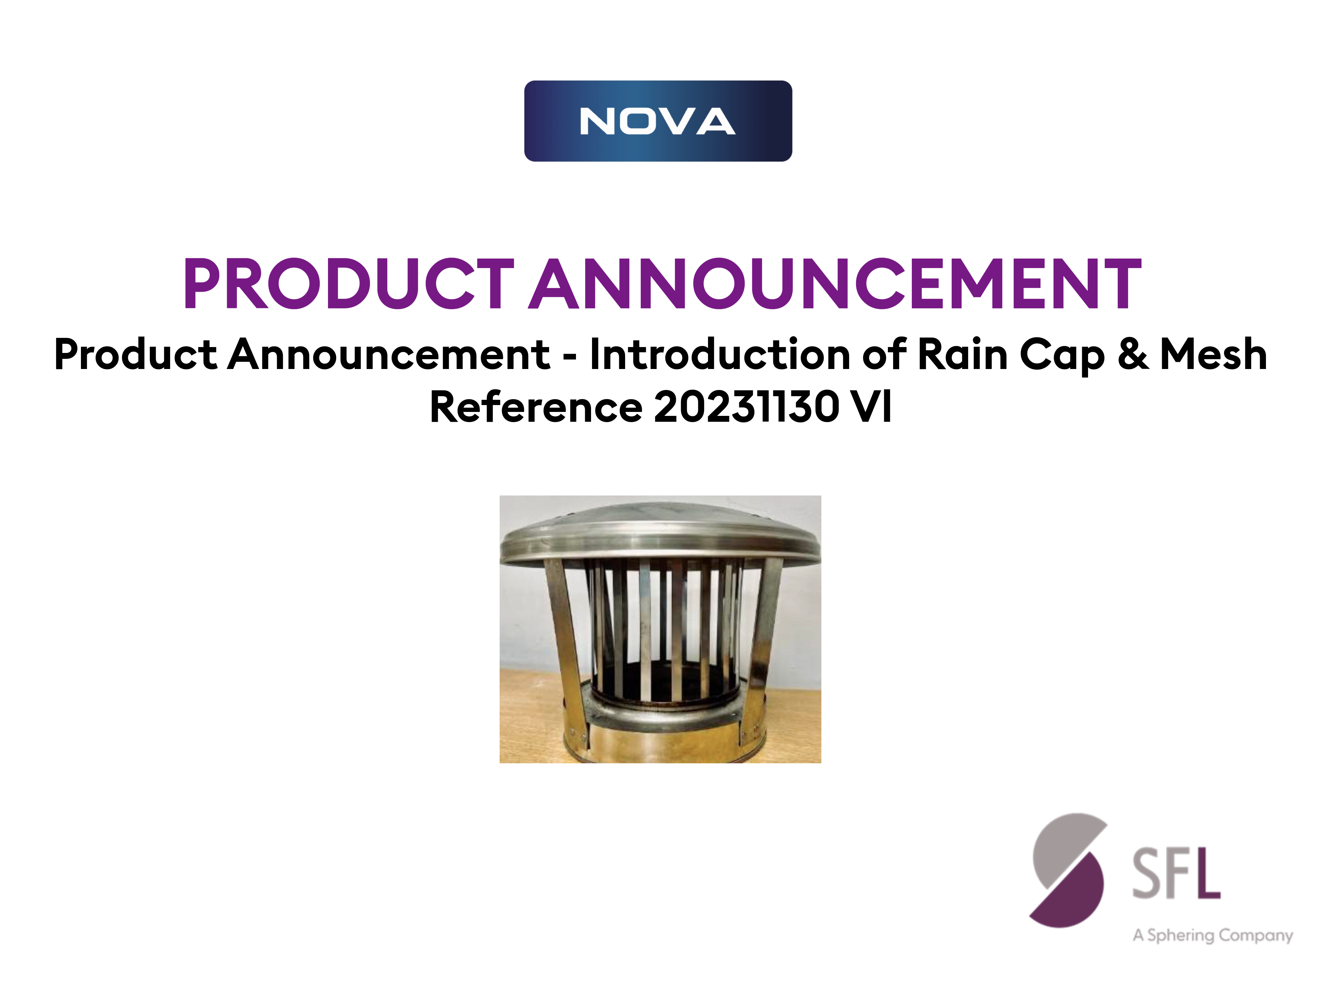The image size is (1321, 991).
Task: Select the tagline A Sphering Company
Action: tap(1212, 935)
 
